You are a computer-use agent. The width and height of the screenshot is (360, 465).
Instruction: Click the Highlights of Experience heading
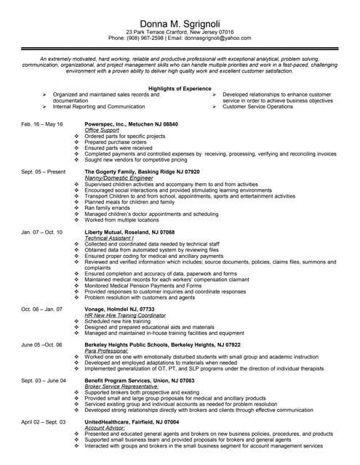point(180,88)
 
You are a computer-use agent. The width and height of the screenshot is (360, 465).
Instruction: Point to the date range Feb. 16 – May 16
point(42,124)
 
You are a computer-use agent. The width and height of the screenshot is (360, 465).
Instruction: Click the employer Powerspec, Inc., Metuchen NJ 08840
point(131,124)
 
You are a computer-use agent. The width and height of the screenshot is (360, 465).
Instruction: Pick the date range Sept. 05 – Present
point(44,172)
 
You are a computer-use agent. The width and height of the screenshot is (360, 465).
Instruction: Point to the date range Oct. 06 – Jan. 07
point(42,309)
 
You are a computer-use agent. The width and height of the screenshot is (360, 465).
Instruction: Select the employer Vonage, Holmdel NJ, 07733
point(123,309)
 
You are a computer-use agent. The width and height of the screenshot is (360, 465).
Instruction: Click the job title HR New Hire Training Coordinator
point(129,315)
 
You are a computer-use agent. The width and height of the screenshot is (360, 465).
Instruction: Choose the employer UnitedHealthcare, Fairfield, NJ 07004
point(132,422)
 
